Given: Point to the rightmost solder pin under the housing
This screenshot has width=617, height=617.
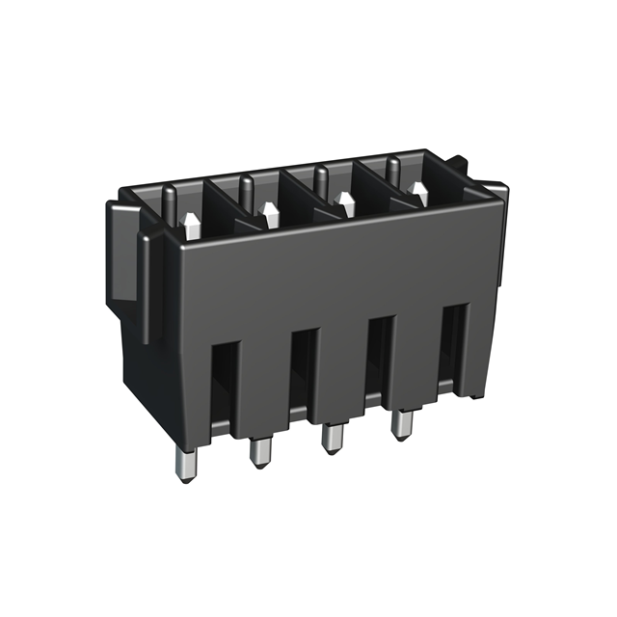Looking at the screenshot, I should click(x=398, y=425).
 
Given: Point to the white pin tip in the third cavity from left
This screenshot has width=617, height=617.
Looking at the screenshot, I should click(x=344, y=203).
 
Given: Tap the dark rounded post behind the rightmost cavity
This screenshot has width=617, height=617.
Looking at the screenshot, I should click(x=393, y=170).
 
